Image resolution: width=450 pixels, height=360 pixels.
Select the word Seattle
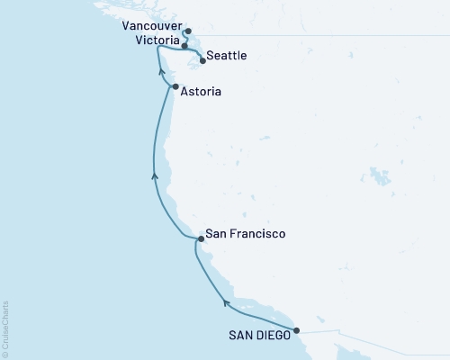(226, 57)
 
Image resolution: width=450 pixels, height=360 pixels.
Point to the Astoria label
(194, 92)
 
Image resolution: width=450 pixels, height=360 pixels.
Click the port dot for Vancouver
(187, 31)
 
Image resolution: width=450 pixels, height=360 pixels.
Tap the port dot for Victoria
(184, 44)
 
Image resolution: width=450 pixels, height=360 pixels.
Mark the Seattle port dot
(202, 61)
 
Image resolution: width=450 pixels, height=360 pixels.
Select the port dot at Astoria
(163, 87)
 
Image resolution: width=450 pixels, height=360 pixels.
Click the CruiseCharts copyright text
(6, 325)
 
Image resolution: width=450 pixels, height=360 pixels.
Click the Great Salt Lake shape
(375, 172)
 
